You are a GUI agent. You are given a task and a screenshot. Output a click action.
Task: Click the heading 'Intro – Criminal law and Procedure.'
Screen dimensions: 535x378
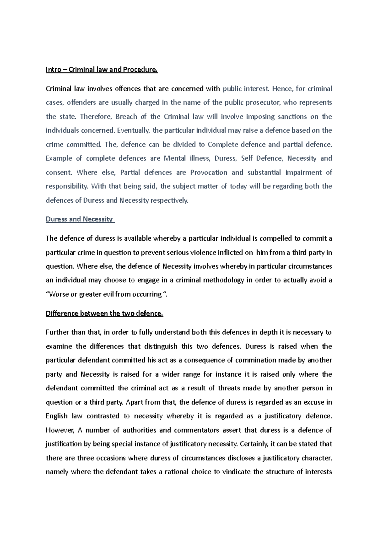(101, 70)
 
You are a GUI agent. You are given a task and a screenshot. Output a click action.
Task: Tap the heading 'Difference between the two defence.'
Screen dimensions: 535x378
(104, 314)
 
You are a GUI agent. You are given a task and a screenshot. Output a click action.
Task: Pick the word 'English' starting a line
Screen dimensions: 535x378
(57, 416)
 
